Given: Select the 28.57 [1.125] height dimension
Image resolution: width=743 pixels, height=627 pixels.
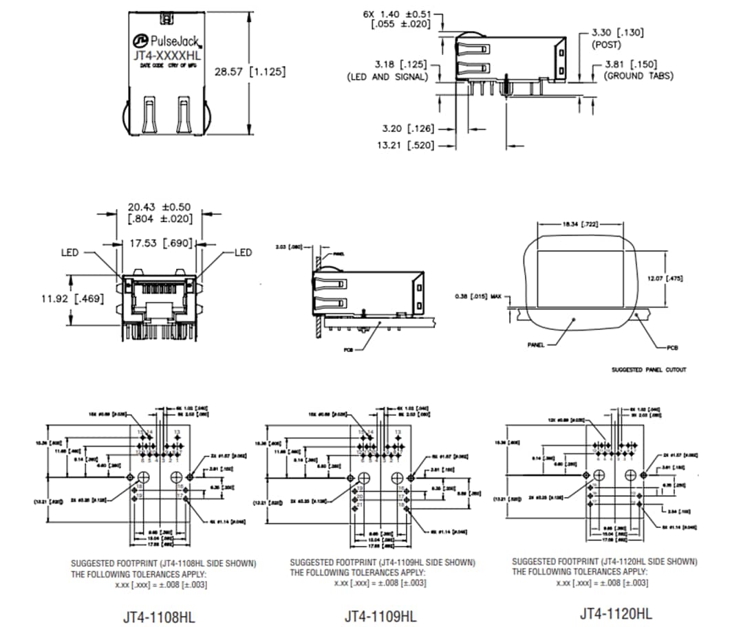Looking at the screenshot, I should pyautogui.click(x=249, y=71).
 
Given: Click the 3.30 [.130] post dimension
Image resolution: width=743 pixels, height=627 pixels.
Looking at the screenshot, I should pyautogui.click(x=618, y=32).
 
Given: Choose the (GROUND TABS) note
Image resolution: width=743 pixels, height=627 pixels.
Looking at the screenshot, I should pyautogui.click(x=638, y=76).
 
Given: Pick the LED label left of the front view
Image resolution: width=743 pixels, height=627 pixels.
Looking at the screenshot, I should pyautogui.click(x=70, y=253).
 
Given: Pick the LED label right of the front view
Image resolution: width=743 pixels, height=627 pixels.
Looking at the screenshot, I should pyautogui.click(x=244, y=253).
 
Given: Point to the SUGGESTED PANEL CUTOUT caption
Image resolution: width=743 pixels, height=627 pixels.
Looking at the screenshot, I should pyautogui.click(x=648, y=370).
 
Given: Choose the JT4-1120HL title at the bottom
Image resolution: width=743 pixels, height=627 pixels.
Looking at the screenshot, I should pyautogui.click(x=615, y=613).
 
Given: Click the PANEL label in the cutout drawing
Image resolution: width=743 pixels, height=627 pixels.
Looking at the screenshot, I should pyautogui.click(x=536, y=345).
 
